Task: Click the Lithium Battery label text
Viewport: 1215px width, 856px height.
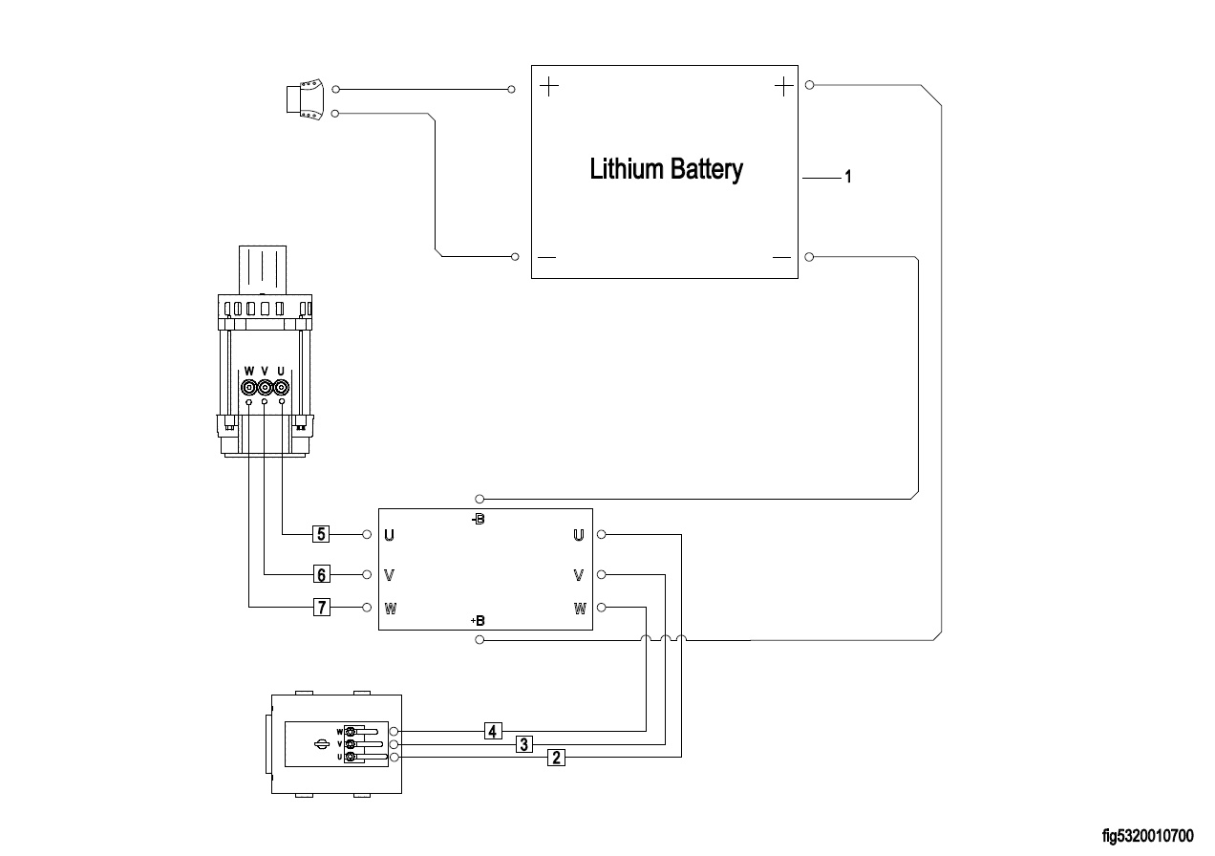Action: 666,170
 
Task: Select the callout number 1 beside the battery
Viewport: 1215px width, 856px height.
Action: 847,178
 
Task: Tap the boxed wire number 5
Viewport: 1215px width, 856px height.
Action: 322,533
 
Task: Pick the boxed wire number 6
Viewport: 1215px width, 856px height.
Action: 322,574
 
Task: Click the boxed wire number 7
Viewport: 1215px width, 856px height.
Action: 322,607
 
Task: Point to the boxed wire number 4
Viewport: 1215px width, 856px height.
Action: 492,732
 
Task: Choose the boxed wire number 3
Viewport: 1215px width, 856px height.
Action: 523,744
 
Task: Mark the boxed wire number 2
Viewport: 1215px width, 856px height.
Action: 556,758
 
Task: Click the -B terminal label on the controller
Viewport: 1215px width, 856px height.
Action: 478,520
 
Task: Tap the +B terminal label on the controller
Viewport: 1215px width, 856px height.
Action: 478,621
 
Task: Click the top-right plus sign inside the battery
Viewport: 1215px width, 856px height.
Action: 783,87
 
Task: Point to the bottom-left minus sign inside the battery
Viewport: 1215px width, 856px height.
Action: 547,258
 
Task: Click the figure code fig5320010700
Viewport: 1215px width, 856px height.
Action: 1147,837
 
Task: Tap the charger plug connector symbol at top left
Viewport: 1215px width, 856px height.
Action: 306,100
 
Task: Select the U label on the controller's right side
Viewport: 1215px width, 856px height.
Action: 578,535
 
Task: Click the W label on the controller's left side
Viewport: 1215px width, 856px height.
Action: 390,608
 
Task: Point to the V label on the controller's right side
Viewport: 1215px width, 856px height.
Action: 578,575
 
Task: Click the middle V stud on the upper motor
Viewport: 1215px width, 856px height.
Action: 265,388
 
